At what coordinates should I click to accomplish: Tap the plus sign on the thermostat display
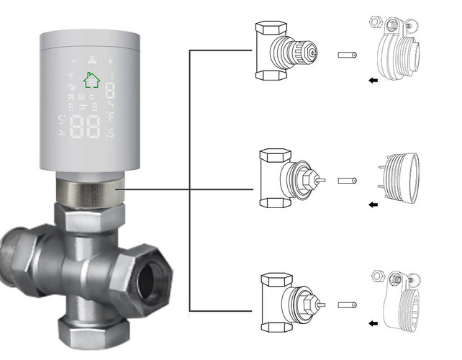110,61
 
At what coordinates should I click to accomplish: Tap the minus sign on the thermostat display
73,61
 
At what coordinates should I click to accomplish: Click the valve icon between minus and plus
91,61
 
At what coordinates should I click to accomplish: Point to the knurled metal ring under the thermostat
89,191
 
